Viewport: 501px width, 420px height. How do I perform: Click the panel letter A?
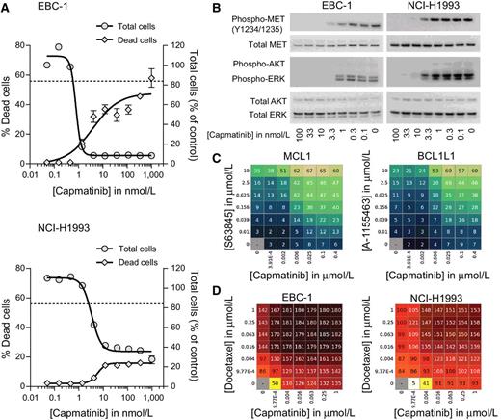coord(8,8)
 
